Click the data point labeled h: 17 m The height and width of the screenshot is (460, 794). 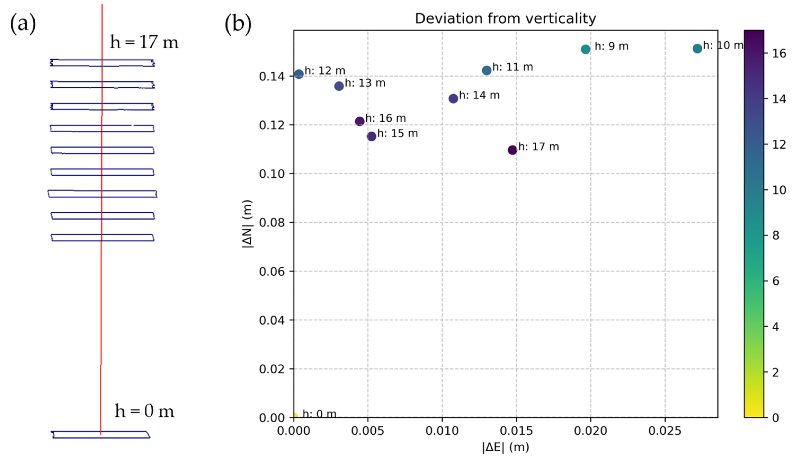[x=512, y=150]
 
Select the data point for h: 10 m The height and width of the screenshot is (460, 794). [x=697, y=48]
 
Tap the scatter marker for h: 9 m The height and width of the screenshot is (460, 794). [x=585, y=49]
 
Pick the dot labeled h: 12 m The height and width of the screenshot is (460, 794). [x=299, y=74]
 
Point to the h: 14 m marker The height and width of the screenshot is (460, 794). [x=453, y=99]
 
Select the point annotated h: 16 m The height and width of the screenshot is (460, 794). [x=360, y=121]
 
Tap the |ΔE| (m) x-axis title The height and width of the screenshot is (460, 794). [x=505, y=447]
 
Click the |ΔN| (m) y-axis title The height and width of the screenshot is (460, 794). [x=247, y=224]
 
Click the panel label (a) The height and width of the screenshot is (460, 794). [x=23, y=24]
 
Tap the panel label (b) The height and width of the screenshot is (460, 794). [x=238, y=24]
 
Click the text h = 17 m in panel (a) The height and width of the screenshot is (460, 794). [x=144, y=42]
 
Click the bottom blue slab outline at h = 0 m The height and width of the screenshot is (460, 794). [x=101, y=434]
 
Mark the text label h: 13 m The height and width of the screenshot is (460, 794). [x=365, y=83]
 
